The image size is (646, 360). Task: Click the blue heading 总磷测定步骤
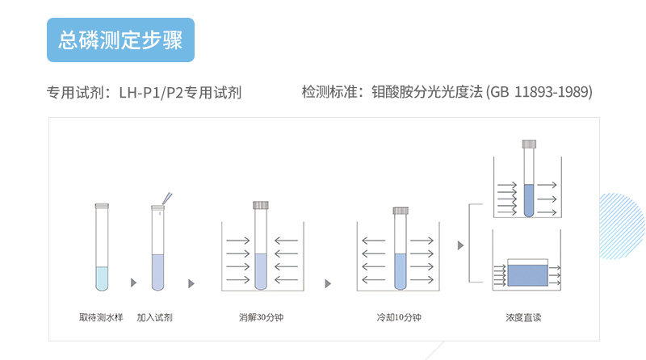[120, 40]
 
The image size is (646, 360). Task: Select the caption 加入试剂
[154, 317]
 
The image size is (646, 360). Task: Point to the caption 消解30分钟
[261, 317]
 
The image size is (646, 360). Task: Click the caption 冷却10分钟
[399, 317]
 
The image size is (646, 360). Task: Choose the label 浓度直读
[523, 317]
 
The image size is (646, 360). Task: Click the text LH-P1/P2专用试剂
[180, 93]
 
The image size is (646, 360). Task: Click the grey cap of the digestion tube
[261, 205]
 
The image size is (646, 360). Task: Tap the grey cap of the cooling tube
[401, 211]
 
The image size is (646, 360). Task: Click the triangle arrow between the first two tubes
[132, 283]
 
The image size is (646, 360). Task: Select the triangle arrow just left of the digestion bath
[191, 283]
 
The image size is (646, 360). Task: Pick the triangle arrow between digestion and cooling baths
[328, 283]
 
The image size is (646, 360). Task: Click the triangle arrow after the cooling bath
[461, 245]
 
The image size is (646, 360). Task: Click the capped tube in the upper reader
[529, 182]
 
